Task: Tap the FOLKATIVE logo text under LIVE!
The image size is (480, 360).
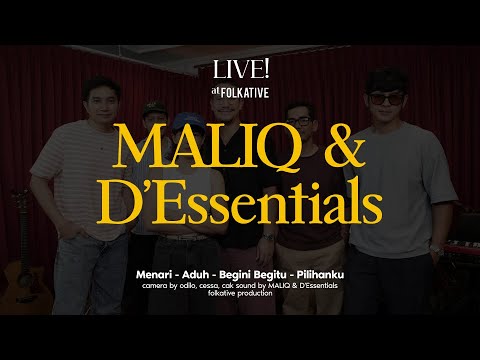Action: point(246,88)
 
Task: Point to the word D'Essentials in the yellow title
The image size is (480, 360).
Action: point(240,203)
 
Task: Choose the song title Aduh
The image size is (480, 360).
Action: point(201,271)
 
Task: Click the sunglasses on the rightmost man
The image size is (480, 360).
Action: point(385,97)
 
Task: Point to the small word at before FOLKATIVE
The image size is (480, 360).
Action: point(215,88)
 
